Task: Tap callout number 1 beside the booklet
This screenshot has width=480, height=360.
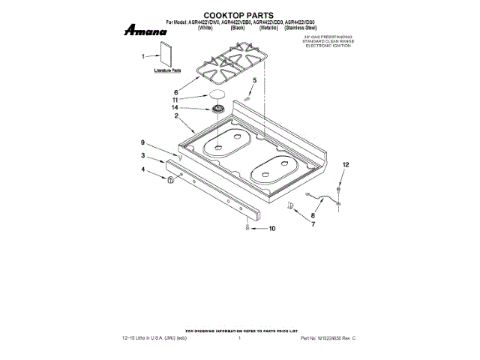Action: click(x=142, y=55)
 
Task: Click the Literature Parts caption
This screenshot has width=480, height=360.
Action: click(x=167, y=70)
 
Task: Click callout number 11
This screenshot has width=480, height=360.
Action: click(x=177, y=99)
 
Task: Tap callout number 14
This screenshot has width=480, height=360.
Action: click(x=177, y=109)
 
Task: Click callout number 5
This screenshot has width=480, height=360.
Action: click(x=254, y=79)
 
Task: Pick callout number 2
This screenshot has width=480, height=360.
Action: click(x=177, y=117)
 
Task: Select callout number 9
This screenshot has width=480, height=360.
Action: click(x=142, y=142)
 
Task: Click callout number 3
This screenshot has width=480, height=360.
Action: click(x=142, y=155)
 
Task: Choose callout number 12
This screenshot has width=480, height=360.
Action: click(x=346, y=164)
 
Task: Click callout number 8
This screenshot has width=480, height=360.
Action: click(x=314, y=215)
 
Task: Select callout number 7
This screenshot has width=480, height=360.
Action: click(x=313, y=224)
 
